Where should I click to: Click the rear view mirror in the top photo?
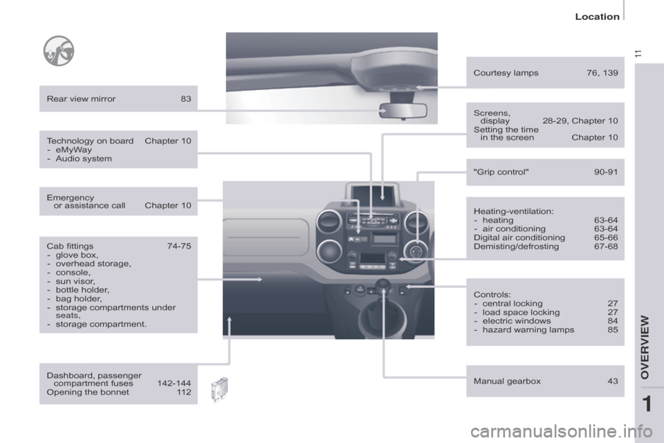[403, 111]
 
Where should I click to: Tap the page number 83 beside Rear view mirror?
[186, 99]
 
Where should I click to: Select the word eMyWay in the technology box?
[74, 150]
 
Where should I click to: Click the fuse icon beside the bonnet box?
[220, 390]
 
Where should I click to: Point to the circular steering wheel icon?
[59, 51]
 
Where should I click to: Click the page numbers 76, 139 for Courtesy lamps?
[602, 73]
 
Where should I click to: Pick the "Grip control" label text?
[501, 172]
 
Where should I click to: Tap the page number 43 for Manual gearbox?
[613, 381]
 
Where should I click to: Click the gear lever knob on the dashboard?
[384, 286]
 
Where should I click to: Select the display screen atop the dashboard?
[373, 193]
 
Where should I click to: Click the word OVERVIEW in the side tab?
[645, 347]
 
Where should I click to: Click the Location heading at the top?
[597, 17]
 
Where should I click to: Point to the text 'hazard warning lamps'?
[528, 329]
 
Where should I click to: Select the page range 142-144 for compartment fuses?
[174, 383]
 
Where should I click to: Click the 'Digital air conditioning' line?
[519, 238]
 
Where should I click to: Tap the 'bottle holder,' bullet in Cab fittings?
[82, 290]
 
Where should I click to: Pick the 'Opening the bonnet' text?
[88, 392]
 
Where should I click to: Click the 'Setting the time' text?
[506, 129]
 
